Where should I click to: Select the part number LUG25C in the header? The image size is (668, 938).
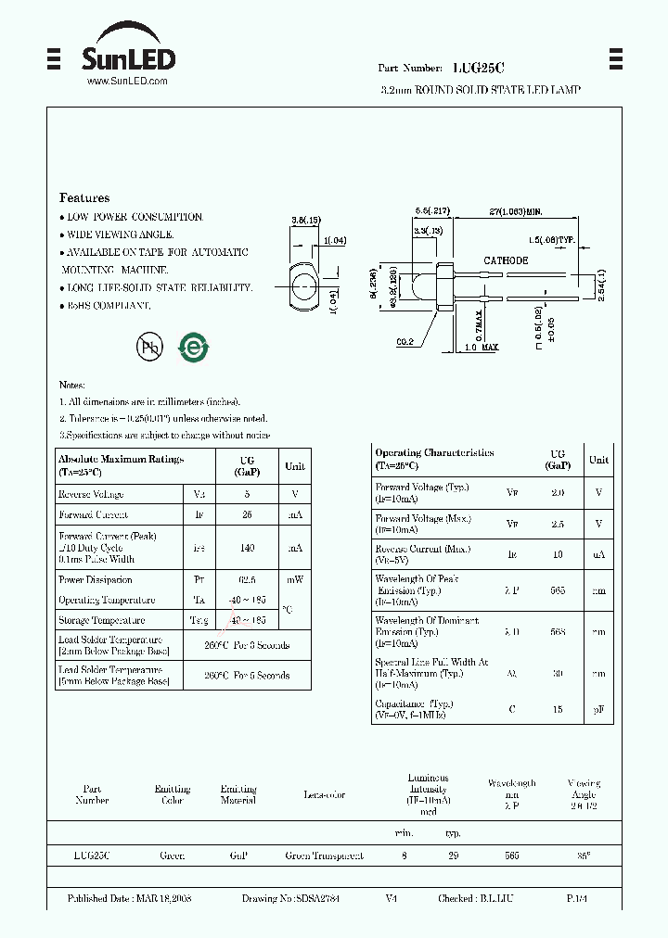pos(478,69)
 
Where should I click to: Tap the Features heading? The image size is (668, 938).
pos(84,197)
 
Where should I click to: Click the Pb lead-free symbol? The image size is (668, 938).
pos(148,347)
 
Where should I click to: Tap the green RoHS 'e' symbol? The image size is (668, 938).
pos(194,347)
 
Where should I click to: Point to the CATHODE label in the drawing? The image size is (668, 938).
pos(506,260)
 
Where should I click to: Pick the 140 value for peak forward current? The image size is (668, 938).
pos(247,548)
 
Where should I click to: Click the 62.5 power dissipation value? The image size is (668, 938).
pos(247,579)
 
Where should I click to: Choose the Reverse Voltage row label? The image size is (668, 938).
pos(91,495)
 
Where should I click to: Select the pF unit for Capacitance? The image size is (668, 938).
pos(598,709)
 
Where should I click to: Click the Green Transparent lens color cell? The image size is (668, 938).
pos(324,856)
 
